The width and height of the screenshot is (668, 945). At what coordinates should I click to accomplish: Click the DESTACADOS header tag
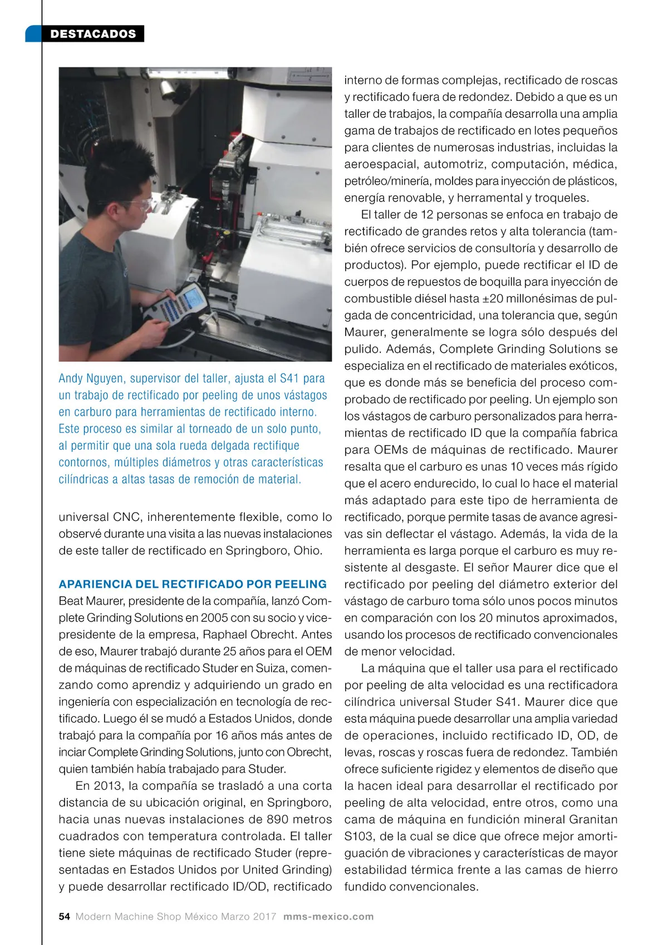tap(93, 34)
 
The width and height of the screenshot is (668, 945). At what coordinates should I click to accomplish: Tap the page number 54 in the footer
tap(64, 917)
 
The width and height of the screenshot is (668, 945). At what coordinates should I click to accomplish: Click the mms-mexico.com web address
tap(328, 917)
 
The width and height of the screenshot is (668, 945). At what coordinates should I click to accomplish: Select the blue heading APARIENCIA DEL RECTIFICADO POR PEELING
tap(193, 584)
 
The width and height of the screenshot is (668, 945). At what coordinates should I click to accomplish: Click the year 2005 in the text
tap(214, 618)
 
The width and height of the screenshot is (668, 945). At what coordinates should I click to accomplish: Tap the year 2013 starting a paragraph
tap(109, 786)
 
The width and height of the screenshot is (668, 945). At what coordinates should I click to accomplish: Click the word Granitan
tap(593, 819)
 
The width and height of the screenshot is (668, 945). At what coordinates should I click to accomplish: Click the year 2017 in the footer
tap(264, 917)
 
